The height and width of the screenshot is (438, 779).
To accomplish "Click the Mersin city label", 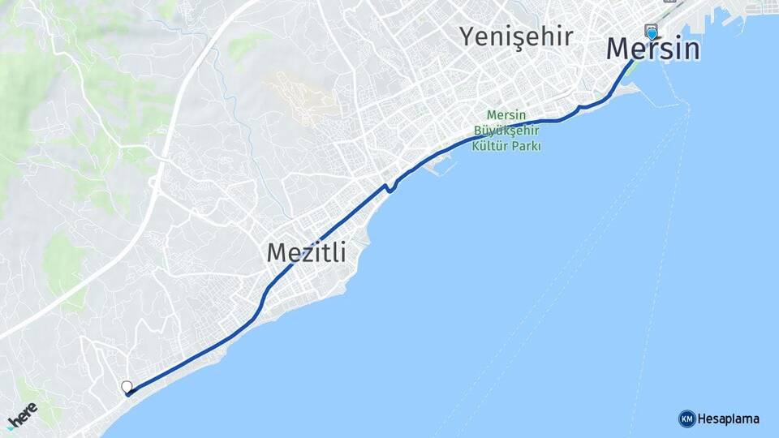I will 652,49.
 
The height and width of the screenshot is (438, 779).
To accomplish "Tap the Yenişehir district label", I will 517,36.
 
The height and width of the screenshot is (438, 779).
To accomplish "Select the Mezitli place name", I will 306,253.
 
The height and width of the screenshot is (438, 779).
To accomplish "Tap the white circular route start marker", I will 127,387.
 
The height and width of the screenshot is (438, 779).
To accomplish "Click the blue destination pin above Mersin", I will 652,34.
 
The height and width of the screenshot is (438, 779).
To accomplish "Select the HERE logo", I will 22,416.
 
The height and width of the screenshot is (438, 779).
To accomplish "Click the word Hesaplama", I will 729,419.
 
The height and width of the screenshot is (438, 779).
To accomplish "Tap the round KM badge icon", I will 686,419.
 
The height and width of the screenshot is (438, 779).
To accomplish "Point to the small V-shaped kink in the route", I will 390,188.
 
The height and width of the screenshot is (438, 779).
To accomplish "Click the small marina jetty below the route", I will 442,165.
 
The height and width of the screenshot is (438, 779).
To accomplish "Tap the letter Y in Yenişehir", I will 467,36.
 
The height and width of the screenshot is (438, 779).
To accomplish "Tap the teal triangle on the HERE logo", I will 11,427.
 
